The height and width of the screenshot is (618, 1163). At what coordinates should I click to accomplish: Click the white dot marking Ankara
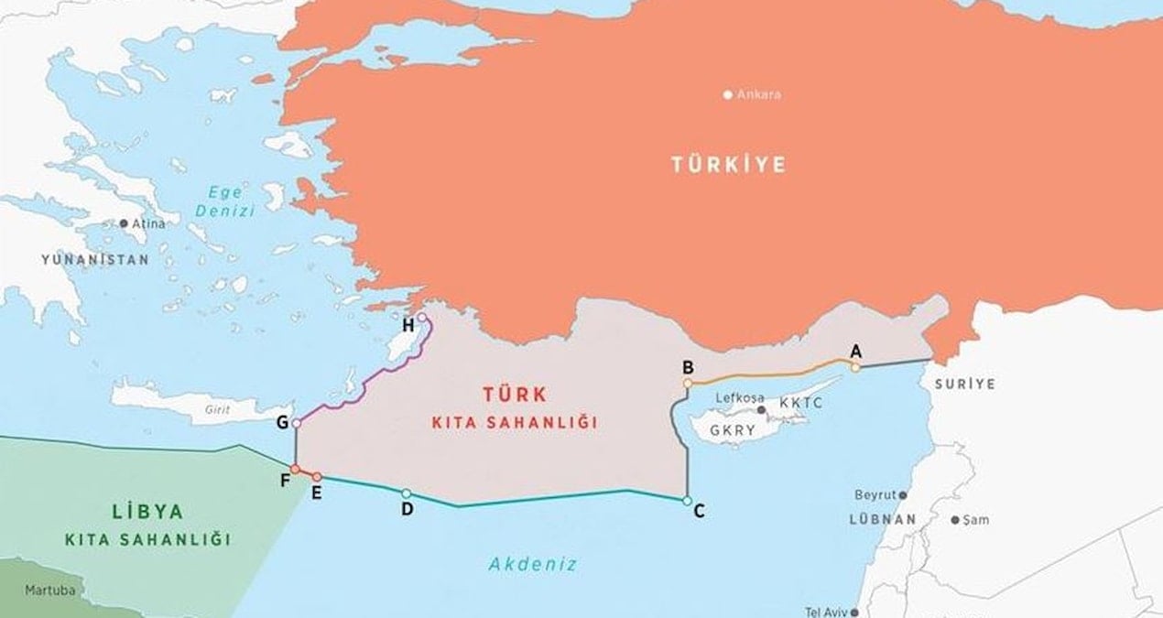(x=728, y=94)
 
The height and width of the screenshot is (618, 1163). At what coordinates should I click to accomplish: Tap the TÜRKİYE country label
(x=728, y=165)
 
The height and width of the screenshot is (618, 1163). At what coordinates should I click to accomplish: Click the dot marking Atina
(x=125, y=223)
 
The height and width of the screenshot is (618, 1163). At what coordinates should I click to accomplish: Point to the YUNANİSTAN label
(x=94, y=260)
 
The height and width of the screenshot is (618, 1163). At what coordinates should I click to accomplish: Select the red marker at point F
(x=295, y=469)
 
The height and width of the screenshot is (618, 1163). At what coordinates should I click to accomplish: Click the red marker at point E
(x=317, y=477)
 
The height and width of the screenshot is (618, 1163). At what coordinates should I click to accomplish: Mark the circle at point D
(x=406, y=493)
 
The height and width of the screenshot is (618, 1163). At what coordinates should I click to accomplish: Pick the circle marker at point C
(x=687, y=500)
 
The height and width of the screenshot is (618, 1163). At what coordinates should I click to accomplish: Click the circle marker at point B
(x=688, y=383)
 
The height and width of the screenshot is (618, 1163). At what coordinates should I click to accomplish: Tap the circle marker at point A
(x=854, y=367)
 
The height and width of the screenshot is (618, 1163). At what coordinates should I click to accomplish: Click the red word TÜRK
(x=514, y=395)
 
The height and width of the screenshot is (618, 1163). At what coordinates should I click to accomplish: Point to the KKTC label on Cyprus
(x=801, y=403)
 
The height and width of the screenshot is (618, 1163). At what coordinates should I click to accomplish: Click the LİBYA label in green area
(x=147, y=512)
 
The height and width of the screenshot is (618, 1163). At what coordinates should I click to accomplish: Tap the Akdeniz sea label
(x=533, y=564)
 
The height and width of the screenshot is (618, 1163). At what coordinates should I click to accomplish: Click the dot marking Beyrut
(x=903, y=494)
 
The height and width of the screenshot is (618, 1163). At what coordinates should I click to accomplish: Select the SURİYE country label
(x=964, y=385)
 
